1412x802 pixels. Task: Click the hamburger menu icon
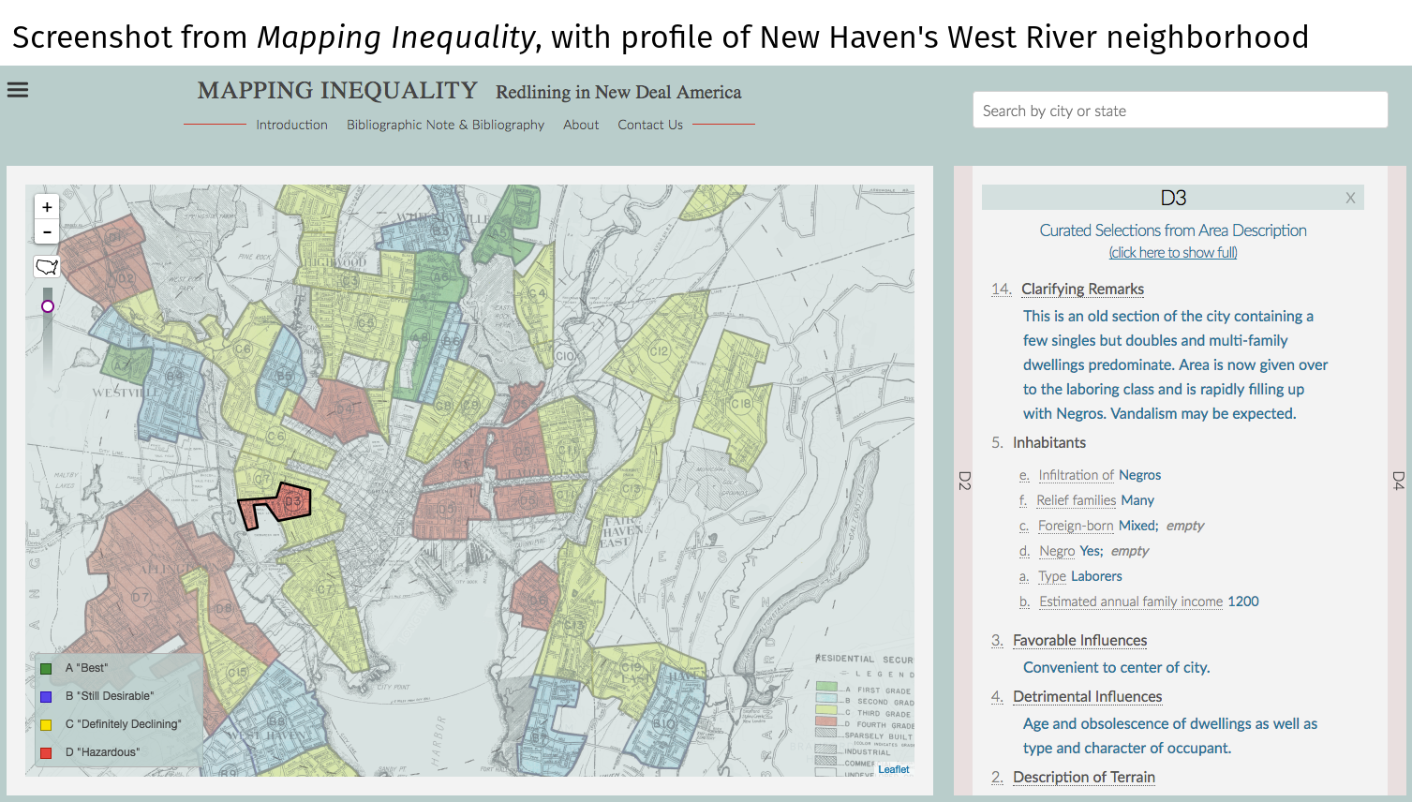click(18, 90)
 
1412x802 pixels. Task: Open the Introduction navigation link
click(291, 125)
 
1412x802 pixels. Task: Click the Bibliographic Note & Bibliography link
click(445, 125)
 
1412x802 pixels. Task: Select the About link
click(581, 125)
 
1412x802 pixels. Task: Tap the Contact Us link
click(650, 125)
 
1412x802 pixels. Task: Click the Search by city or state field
click(1180, 111)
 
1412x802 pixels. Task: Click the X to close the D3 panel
click(1350, 198)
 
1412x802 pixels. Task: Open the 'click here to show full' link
click(1173, 253)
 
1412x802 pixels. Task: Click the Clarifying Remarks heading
click(1082, 290)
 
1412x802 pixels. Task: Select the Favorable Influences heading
click(1079, 641)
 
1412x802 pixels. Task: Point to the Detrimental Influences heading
click(1087, 697)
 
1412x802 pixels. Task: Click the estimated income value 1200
click(1243, 601)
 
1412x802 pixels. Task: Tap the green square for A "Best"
click(46, 669)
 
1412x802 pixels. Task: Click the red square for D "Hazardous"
click(46, 753)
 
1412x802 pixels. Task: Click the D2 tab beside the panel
click(964, 482)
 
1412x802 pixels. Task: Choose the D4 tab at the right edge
click(1398, 482)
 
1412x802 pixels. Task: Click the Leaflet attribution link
click(893, 770)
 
